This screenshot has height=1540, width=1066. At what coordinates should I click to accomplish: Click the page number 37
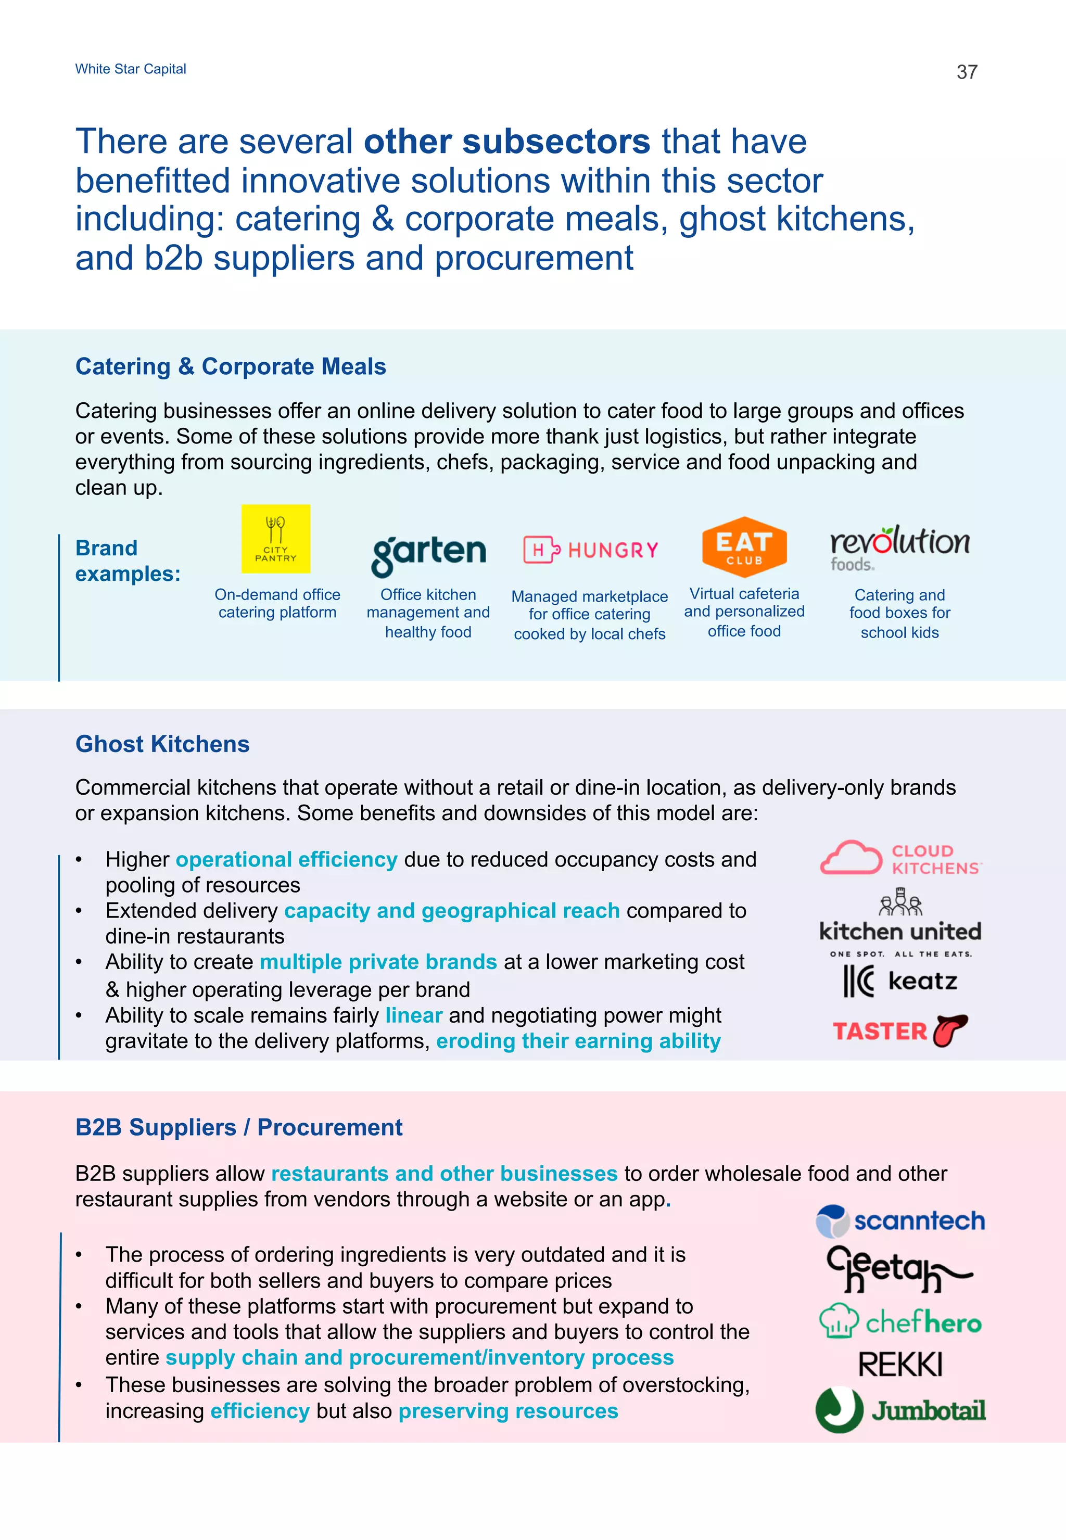pos(967,72)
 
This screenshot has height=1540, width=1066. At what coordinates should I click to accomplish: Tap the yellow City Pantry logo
pos(276,539)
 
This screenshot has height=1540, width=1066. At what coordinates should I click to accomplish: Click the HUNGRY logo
pos(590,550)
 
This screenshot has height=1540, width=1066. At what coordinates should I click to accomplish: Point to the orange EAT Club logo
pos(744,546)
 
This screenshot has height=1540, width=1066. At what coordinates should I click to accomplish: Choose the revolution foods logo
pos(899,548)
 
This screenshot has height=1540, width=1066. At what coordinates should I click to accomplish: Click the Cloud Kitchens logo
pos(900,858)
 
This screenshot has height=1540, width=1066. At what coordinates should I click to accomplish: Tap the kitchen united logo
pos(899,923)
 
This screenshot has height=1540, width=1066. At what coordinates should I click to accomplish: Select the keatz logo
pos(899,981)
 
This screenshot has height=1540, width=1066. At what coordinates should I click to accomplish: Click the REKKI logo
pos(899,1365)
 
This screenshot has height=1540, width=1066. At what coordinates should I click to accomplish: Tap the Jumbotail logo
pos(899,1410)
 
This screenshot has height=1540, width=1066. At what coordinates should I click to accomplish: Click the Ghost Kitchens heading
pos(162,744)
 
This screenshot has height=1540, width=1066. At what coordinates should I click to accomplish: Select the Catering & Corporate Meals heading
pos(231,366)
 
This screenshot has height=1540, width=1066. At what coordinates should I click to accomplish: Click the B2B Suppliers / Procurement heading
pos(238,1127)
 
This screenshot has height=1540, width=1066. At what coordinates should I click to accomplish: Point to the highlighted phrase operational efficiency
pos(286,859)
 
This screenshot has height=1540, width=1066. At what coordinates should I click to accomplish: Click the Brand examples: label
pos(127,561)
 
